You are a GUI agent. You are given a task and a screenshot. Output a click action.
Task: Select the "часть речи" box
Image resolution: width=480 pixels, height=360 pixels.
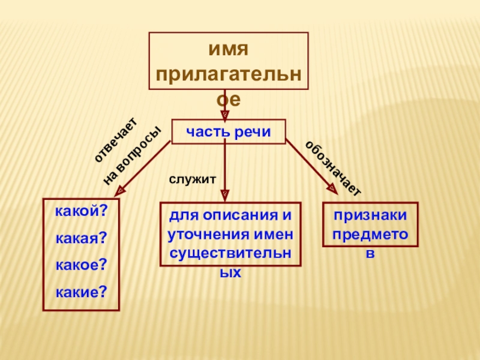229,131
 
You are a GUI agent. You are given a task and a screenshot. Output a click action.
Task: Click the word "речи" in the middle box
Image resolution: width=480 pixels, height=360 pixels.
251,131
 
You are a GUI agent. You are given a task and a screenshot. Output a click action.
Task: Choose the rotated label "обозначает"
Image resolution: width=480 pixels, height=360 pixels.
334,169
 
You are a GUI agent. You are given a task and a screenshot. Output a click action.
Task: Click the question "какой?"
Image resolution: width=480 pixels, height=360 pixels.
81,212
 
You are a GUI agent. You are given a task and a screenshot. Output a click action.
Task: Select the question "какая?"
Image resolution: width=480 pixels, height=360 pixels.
81,239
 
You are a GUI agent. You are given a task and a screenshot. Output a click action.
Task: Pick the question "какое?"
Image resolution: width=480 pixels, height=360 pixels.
81,265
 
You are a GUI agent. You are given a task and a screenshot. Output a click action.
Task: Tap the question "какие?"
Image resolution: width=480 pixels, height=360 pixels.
81,292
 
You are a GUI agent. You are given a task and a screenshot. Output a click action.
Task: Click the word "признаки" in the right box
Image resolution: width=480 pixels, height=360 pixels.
371,215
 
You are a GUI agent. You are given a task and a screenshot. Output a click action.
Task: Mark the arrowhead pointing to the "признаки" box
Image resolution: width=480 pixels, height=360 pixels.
332,189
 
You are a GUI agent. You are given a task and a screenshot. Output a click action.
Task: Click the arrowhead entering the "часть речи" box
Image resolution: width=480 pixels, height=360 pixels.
224,113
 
